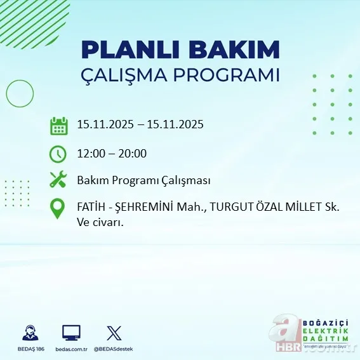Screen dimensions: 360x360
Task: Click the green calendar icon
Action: pyautogui.click(x=58, y=126)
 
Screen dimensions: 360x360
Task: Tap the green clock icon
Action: pyautogui.click(x=58, y=154)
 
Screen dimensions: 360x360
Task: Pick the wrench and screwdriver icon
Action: pyautogui.click(x=58, y=180)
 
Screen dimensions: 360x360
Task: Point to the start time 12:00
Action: pyautogui.click(x=91, y=153)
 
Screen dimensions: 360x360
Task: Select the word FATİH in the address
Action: pyautogui.click(x=91, y=206)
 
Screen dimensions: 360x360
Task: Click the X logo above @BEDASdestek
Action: pyautogui.click(x=114, y=333)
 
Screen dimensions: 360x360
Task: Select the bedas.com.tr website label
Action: pyautogui.click(x=71, y=349)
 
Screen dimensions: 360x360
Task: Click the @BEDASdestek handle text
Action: pyautogui.click(x=114, y=349)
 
